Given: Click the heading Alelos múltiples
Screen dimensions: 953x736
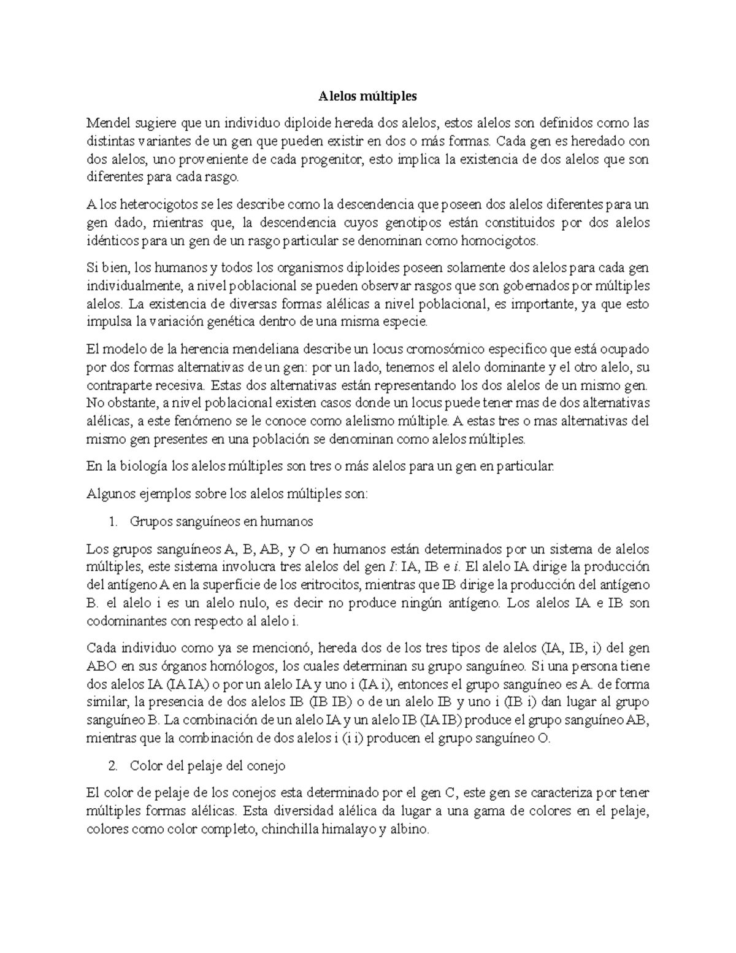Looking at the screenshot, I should tap(367, 96).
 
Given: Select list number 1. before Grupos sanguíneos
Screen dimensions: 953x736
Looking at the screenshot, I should tap(112, 522).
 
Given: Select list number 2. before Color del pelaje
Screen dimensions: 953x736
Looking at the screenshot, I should tap(112, 766).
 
